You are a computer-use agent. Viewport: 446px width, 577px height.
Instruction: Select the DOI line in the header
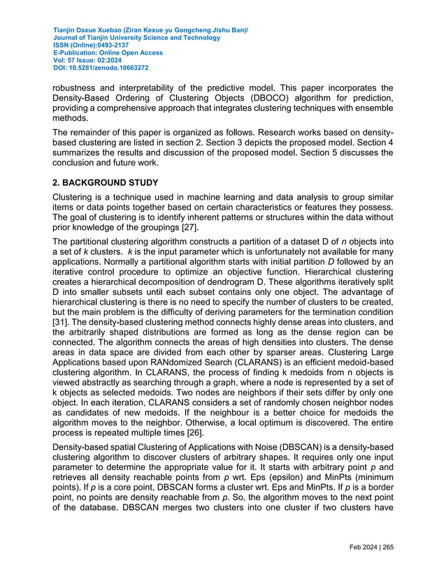101,68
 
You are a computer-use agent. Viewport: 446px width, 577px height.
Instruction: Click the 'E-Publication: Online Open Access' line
108,53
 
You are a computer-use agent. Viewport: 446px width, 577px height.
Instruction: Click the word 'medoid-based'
361,363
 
